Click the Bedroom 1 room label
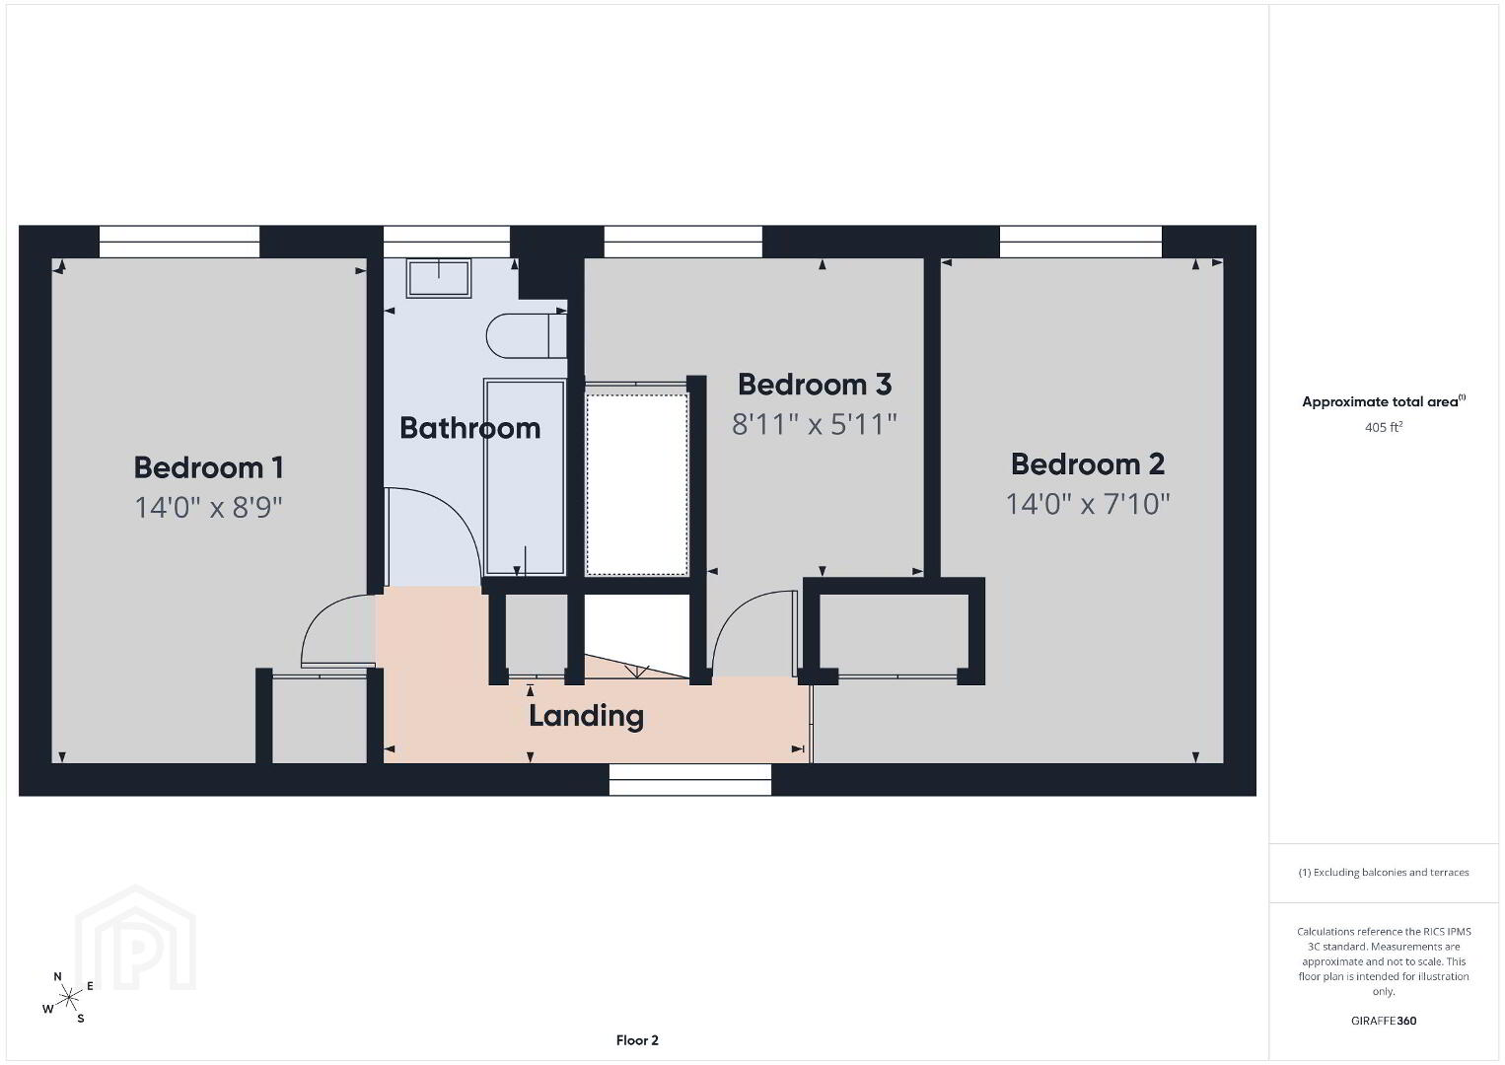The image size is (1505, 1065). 208,467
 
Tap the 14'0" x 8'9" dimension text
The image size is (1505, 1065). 208,507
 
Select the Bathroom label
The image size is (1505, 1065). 470,428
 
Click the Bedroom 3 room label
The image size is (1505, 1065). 815,385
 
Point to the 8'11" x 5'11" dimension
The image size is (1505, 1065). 815,424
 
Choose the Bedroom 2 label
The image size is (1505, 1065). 1088,464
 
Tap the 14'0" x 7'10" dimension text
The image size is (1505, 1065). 1088,504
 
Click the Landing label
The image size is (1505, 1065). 587,716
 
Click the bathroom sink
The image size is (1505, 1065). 439,279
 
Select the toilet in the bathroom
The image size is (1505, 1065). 527,335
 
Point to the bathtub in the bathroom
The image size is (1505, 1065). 525,477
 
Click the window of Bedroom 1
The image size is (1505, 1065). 179,242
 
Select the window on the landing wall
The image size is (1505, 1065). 690,780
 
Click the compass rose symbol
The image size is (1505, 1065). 68,998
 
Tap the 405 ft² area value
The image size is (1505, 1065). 1384,427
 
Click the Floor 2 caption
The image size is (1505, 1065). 637,1040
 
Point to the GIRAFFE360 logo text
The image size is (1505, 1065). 1384,1021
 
